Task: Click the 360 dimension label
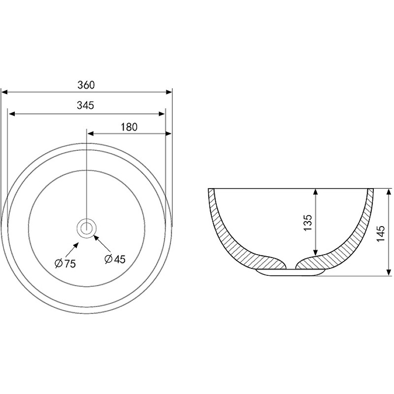click(x=86, y=85)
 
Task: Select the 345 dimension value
click(x=85, y=105)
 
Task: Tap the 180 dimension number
click(x=129, y=127)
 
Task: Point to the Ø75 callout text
click(x=65, y=263)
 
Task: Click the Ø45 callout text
click(x=115, y=259)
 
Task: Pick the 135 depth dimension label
click(x=307, y=223)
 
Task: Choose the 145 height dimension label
click(x=381, y=233)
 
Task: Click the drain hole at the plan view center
click(x=87, y=228)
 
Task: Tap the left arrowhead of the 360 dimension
click(x=4, y=93)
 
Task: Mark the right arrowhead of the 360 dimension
click(x=169, y=92)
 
